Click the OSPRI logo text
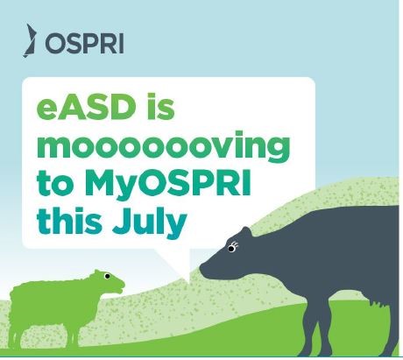click(x=84, y=43)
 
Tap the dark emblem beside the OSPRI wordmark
click(x=30, y=40)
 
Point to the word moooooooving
click(x=163, y=147)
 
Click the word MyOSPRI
click(x=167, y=184)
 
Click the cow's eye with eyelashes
click(x=231, y=249)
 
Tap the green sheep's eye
click(x=107, y=276)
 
